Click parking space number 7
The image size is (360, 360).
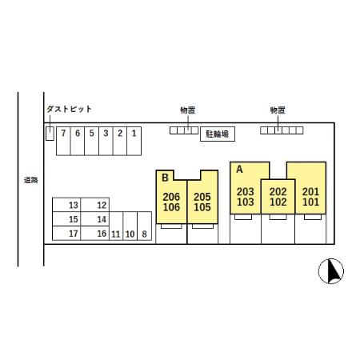[x=63, y=141]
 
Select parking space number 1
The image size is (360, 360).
[x=134, y=141]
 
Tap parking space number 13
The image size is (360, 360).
[x=66, y=205]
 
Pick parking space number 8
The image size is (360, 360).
[x=144, y=226]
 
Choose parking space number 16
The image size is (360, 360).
[x=95, y=234]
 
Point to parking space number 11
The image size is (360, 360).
[x=116, y=226]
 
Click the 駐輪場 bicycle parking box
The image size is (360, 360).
[x=218, y=134]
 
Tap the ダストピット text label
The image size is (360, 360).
[x=70, y=109]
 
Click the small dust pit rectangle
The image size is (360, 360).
[x=50, y=134]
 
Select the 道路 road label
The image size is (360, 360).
[x=31, y=180]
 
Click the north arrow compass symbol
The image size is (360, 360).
[x=331, y=271]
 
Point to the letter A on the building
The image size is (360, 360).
[x=239, y=170]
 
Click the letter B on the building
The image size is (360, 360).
[x=166, y=178]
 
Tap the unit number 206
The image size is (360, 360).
[x=171, y=197]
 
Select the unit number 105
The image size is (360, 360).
[x=202, y=207]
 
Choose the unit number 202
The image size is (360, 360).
[x=278, y=192]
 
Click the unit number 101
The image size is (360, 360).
[x=311, y=202]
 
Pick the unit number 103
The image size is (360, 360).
[x=246, y=202]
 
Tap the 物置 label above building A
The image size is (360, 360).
[x=278, y=110]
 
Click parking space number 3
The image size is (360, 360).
[x=106, y=141]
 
